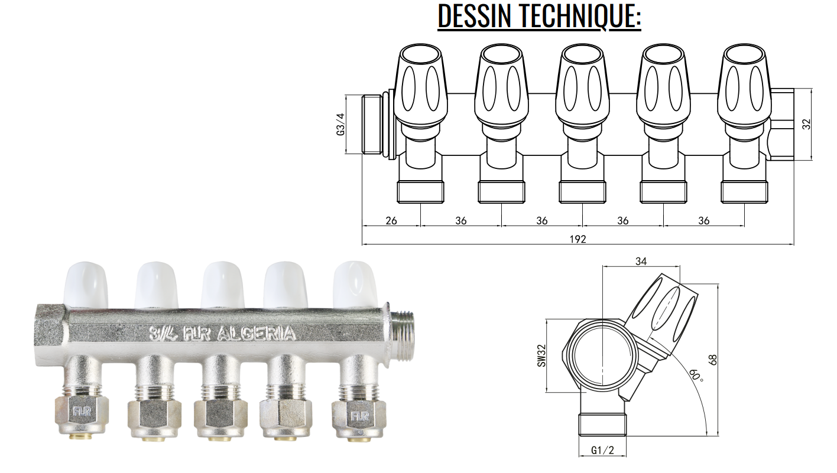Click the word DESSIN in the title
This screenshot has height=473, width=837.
tap(475, 15)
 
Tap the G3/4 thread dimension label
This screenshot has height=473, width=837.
tap(340, 125)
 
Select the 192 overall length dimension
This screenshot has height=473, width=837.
tap(578, 239)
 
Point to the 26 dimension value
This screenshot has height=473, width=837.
tap(391, 221)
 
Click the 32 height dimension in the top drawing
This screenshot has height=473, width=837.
tap(807, 125)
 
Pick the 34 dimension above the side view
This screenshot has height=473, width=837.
tap(641, 262)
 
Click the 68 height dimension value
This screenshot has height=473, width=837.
tap(713, 360)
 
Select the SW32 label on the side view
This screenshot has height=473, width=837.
tap(541, 355)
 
